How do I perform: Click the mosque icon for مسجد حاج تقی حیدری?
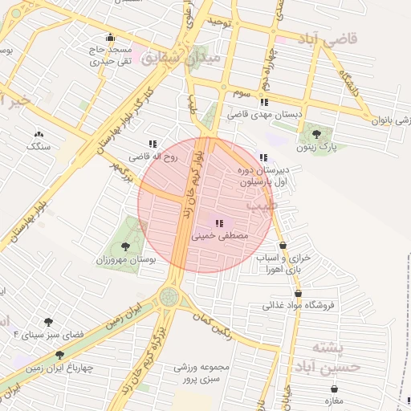[110, 37]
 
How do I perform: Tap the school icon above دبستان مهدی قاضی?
[264, 102]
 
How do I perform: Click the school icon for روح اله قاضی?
[153, 144]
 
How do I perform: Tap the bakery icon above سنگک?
[38, 134]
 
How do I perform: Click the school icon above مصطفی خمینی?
[219, 223]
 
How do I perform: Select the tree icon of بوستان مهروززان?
[124, 246]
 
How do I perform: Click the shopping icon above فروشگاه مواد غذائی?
[299, 293]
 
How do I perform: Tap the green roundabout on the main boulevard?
[168, 297]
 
